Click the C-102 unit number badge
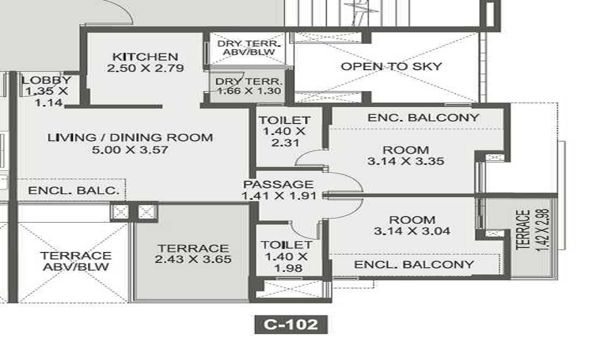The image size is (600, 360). click(x=291, y=325)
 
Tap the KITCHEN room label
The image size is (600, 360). click(x=145, y=56)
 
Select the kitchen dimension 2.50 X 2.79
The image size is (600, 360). click(x=145, y=68)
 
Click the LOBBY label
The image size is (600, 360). click(x=46, y=80)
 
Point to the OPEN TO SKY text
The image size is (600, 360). click(x=391, y=66)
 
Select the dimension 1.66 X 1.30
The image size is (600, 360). click(x=249, y=91)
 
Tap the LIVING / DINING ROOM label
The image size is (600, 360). click(x=130, y=137)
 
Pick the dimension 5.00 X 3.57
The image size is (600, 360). click(x=130, y=149)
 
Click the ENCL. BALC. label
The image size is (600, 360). click(x=73, y=191)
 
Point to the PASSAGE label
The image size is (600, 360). click(x=278, y=184)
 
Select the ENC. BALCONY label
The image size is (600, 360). click(x=423, y=118)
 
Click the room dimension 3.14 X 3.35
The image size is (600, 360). click(x=406, y=161)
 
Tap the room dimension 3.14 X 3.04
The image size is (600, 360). click(x=412, y=231)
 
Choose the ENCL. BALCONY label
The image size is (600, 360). click(x=414, y=265)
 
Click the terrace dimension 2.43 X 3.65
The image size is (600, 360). click(x=193, y=259)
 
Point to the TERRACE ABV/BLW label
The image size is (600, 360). click(x=76, y=261)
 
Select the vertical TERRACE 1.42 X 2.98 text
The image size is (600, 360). click(x=533, y=230)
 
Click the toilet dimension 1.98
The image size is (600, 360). click(x=289, y=268)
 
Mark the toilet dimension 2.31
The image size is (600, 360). click(x=285, y=143)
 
